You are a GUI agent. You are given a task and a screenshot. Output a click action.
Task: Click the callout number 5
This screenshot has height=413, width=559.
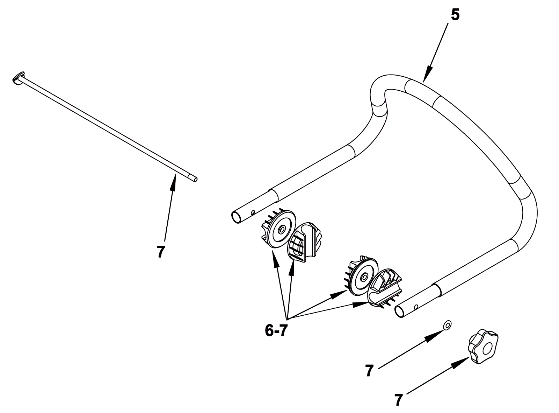(x=455, y=15)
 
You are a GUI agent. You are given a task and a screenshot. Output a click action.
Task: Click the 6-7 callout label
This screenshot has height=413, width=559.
(x=276, y=330)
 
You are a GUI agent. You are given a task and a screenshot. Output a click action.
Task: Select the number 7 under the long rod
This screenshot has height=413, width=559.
(x=161, y=252)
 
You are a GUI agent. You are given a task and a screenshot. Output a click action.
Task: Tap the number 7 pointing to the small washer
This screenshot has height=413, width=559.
(x=369, y=371)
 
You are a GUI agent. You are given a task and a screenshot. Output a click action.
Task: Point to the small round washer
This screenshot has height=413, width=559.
(x=447, y=325)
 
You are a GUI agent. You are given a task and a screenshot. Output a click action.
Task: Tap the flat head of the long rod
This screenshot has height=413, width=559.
(x=17, y=78)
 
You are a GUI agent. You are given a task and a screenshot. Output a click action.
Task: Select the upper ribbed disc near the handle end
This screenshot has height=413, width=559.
(x=279, y=229)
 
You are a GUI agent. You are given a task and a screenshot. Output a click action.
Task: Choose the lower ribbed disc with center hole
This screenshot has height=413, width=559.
(x=363, y=277)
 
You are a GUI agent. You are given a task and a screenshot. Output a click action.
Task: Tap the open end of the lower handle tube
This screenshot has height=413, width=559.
(x=399, y=311)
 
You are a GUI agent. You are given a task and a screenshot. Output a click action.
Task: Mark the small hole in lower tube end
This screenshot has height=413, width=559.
(x=416, y=307)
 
